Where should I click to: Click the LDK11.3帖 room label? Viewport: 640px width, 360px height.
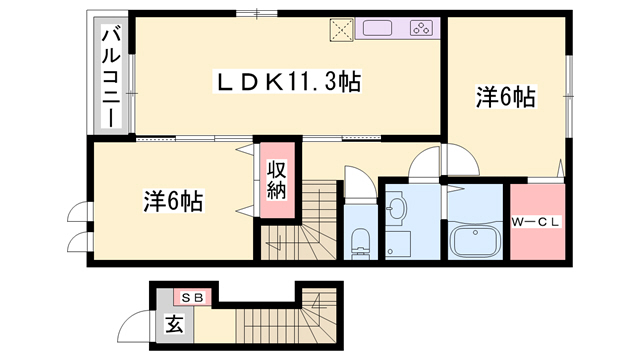[x=287, y=82]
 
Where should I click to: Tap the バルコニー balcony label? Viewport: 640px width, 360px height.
[x=111, y=76]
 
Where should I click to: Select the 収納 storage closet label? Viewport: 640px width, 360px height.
[x=277, y=180]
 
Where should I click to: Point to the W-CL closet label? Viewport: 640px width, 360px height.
[x=537, y=222]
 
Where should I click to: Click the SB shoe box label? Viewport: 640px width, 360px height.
[x=193, y=298]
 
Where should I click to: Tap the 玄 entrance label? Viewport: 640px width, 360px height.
[x=174, y=324]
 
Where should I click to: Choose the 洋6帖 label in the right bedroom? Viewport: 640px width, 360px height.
[x=505, y=97]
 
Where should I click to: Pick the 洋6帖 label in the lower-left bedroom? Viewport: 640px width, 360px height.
[x=173, y=201]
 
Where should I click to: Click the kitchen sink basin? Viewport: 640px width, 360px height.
[x=378, y=28]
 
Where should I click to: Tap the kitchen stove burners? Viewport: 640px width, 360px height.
[x=421, y=28]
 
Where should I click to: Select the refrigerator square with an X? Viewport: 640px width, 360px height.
[x=342, y=29]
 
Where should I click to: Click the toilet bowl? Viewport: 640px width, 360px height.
[x=360, y=243]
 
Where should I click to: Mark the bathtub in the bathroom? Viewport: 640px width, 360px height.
[x=475, y=241]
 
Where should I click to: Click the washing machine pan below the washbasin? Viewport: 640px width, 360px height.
[x=398, y=244]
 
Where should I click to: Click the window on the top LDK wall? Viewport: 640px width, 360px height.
[x=257, y=13]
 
